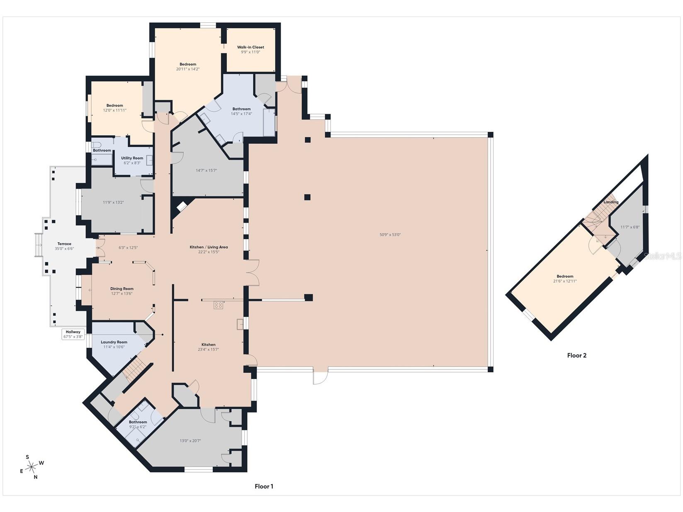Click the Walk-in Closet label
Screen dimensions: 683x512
(250, 47)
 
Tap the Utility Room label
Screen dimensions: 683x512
(132, 158)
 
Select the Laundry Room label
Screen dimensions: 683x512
(114, 342)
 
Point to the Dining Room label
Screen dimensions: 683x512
(122, 289)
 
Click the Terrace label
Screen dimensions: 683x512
(64, 244)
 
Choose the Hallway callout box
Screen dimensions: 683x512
(73, 334)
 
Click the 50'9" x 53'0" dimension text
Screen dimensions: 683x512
(390, 235)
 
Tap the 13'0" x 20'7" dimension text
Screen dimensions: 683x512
(191, 441)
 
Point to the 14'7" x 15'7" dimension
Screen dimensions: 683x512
(206, 170)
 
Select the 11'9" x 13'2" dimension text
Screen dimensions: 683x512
(114, 202)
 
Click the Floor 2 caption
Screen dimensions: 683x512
(576, 355)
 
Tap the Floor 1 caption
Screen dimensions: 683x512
(264, 486)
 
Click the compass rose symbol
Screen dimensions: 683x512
(32, 466)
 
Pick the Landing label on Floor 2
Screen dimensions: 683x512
(611, 202)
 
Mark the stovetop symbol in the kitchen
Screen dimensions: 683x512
(219, 305)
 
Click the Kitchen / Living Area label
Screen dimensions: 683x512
(209, 247)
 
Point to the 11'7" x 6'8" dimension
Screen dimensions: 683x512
(630, 227)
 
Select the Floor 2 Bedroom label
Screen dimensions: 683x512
(565, 276)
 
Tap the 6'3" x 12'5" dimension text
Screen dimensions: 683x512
(128, 248)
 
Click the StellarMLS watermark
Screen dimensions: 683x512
(662, 256)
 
